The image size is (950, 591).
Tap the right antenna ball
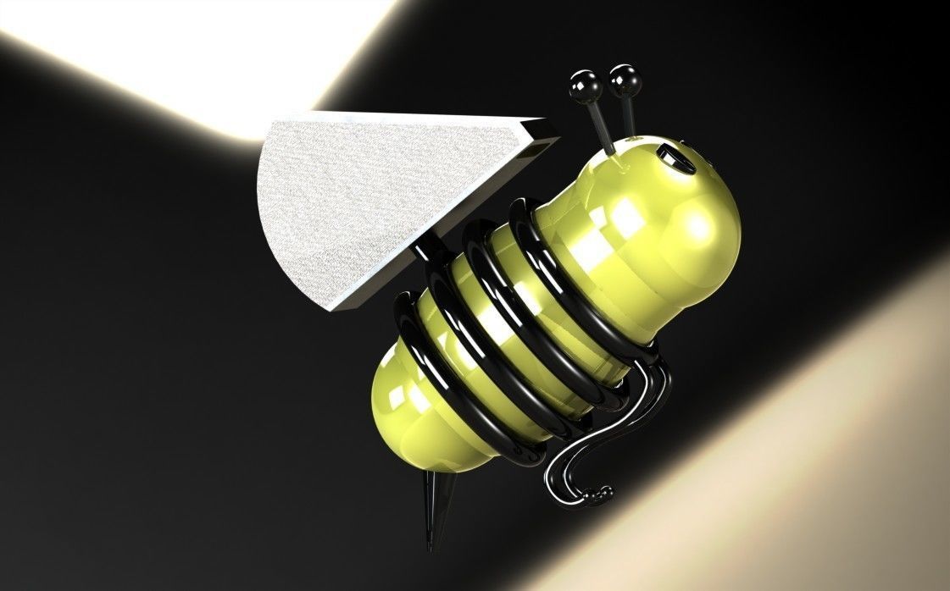(x=625, y=78)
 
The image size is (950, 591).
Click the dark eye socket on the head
(x=674, y=157)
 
